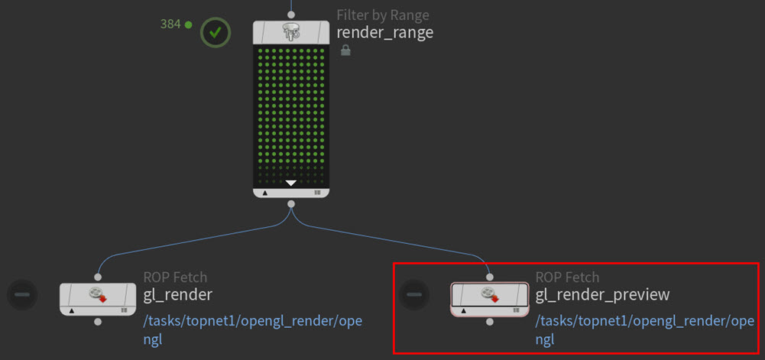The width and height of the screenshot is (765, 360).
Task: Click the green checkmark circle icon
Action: point(216,32)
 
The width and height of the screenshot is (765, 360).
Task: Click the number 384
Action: point(170,24)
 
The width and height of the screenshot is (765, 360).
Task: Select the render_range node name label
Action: point(384,32)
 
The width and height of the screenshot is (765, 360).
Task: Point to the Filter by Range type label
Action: point(382,15)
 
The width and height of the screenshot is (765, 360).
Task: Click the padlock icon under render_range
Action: point(345,50)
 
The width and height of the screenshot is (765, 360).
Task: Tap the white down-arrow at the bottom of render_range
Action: point(290,183)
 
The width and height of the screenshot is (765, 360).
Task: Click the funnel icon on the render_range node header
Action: point(290,31)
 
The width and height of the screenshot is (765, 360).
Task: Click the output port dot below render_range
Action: point(290,204)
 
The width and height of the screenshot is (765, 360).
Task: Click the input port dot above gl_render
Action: point(98,277)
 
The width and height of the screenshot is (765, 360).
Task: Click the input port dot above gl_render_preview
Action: point(489,277)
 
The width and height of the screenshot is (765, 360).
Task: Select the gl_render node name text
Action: point(177,294)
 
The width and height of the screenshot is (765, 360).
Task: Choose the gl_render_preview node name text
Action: point(602,294)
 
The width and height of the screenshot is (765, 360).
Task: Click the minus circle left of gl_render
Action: point(22,294)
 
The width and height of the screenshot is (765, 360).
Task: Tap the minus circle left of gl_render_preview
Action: point(413,294)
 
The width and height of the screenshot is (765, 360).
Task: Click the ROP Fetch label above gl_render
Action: point(175,277)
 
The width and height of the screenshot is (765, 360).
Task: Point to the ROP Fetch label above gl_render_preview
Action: point(567,277)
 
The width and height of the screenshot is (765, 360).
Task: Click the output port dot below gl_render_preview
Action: point(489,322)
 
